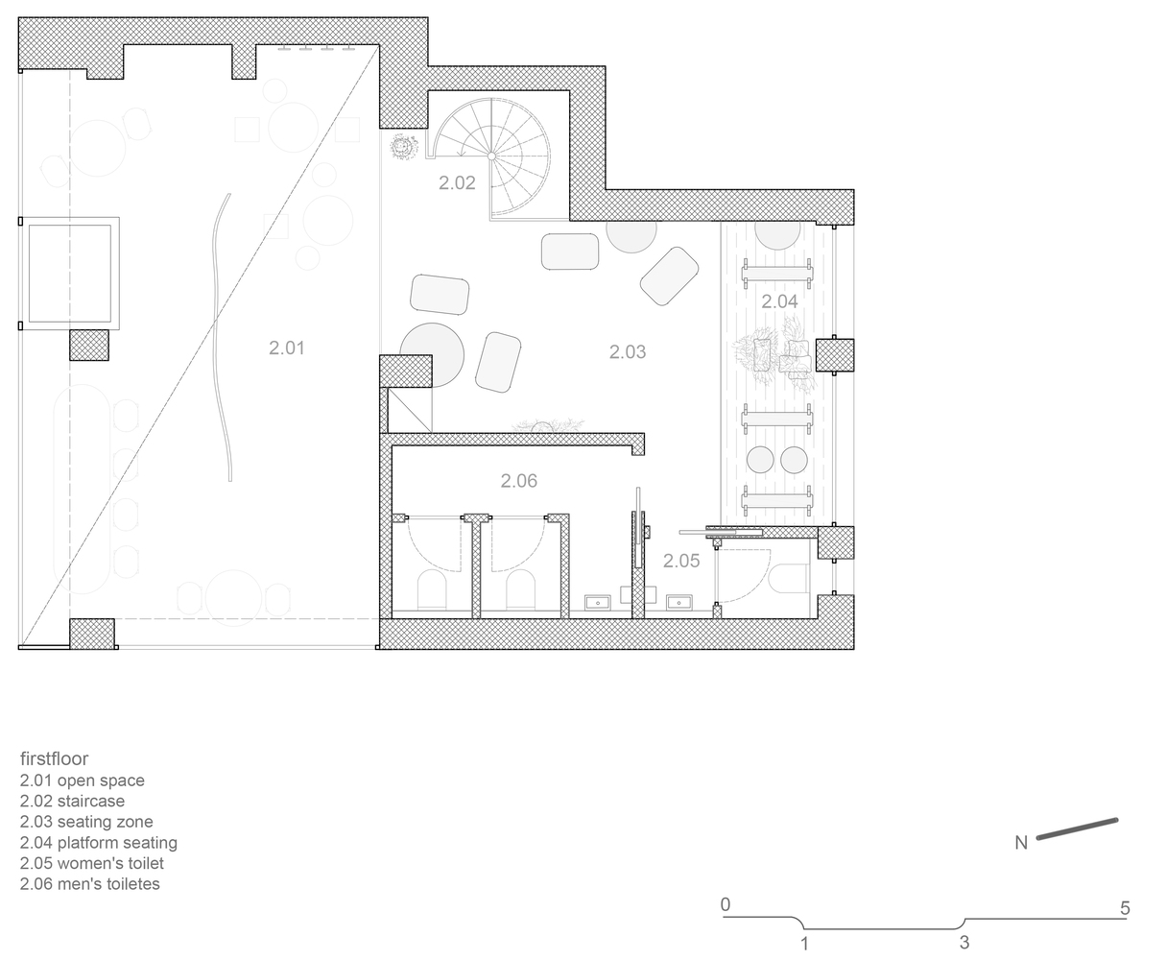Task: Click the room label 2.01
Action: coord(286,348)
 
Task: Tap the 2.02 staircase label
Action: coord(457,182)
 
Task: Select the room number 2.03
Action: coord(627,351)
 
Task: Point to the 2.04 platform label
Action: coord(779,301)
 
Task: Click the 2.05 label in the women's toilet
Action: coord(681,561)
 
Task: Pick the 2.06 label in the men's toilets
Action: coord(518,481)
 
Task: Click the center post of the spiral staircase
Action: coord(491,156)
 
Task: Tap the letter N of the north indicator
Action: coord(1020,843)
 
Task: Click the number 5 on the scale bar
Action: coord(1125,908)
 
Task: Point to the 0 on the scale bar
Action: coord(726,904)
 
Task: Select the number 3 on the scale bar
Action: coord(964,943)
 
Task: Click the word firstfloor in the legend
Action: coord(54,758)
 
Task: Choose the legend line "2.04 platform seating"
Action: coord(99,843)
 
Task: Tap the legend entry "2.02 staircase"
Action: coord(72,801)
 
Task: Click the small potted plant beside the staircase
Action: coord(402,147)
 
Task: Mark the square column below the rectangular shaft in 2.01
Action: coord(89,345)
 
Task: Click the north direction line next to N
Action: coord(1077,828)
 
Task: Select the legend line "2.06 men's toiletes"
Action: coord(89,884)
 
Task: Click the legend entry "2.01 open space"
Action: coord(83,780)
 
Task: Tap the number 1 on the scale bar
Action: coord(804,944)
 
